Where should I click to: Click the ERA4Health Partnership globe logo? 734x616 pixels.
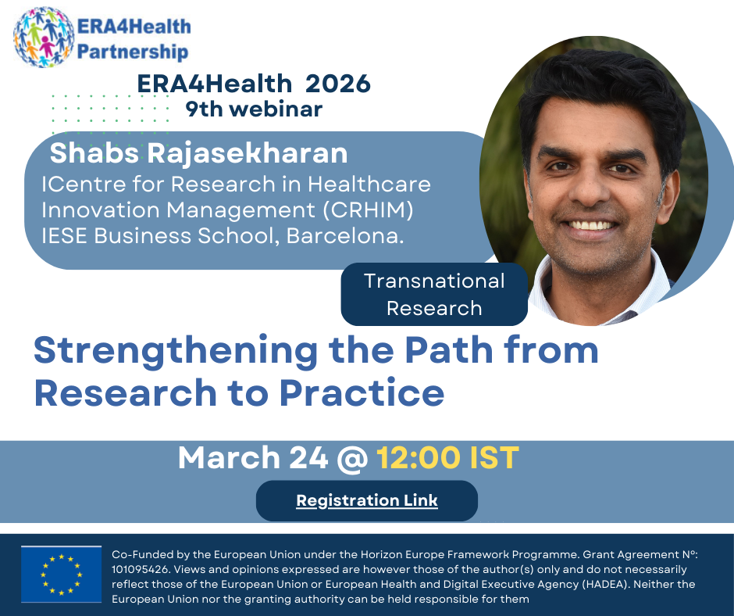point(44,37)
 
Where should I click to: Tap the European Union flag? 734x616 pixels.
point(62,575)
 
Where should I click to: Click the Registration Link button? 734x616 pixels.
point(367,500)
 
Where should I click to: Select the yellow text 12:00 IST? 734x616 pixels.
point(448,457)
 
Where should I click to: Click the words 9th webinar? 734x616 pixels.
point(255,109)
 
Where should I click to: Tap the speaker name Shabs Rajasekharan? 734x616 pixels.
point(199,153)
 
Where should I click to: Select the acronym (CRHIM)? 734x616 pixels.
point(369,210)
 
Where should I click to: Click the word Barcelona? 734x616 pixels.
point(344,236)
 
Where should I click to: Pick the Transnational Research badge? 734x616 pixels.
point(434,295)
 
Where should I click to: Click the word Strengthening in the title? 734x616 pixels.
point(176,352)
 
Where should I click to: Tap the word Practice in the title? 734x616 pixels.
point(362,393)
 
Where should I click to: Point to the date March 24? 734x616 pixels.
point(253,457)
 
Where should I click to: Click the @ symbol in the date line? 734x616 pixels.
point(352,459)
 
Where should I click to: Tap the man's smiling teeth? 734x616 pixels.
point(591,225)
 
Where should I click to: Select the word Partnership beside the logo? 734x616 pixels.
point(133,52)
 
